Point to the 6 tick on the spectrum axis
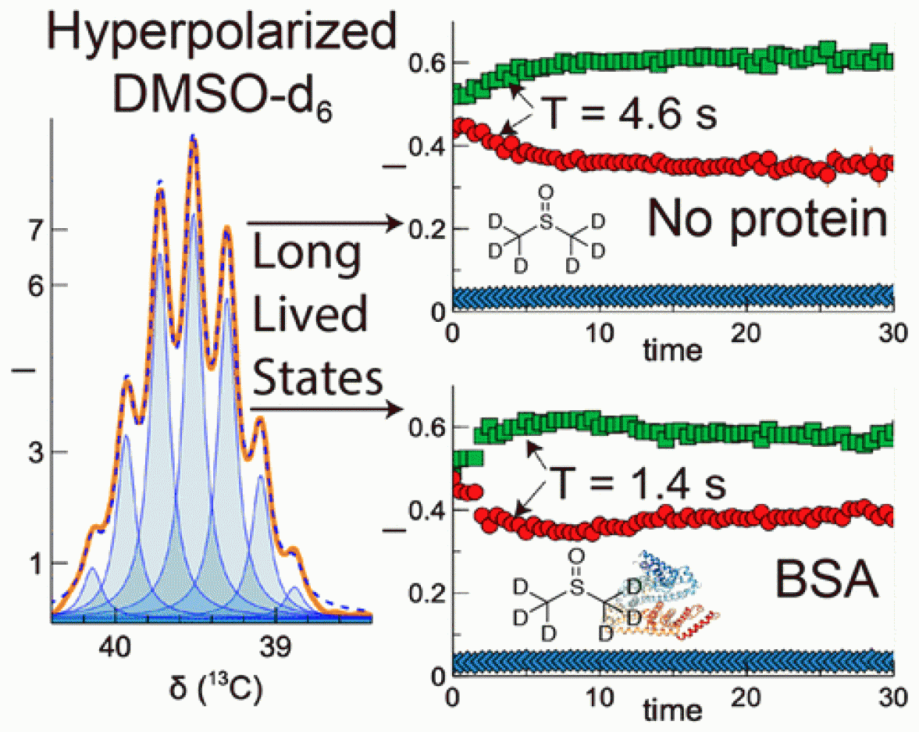tap(36, 285)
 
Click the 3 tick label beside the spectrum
tap(36, 452)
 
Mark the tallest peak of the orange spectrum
tap(192, 138)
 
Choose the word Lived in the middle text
tap(310, 316)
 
